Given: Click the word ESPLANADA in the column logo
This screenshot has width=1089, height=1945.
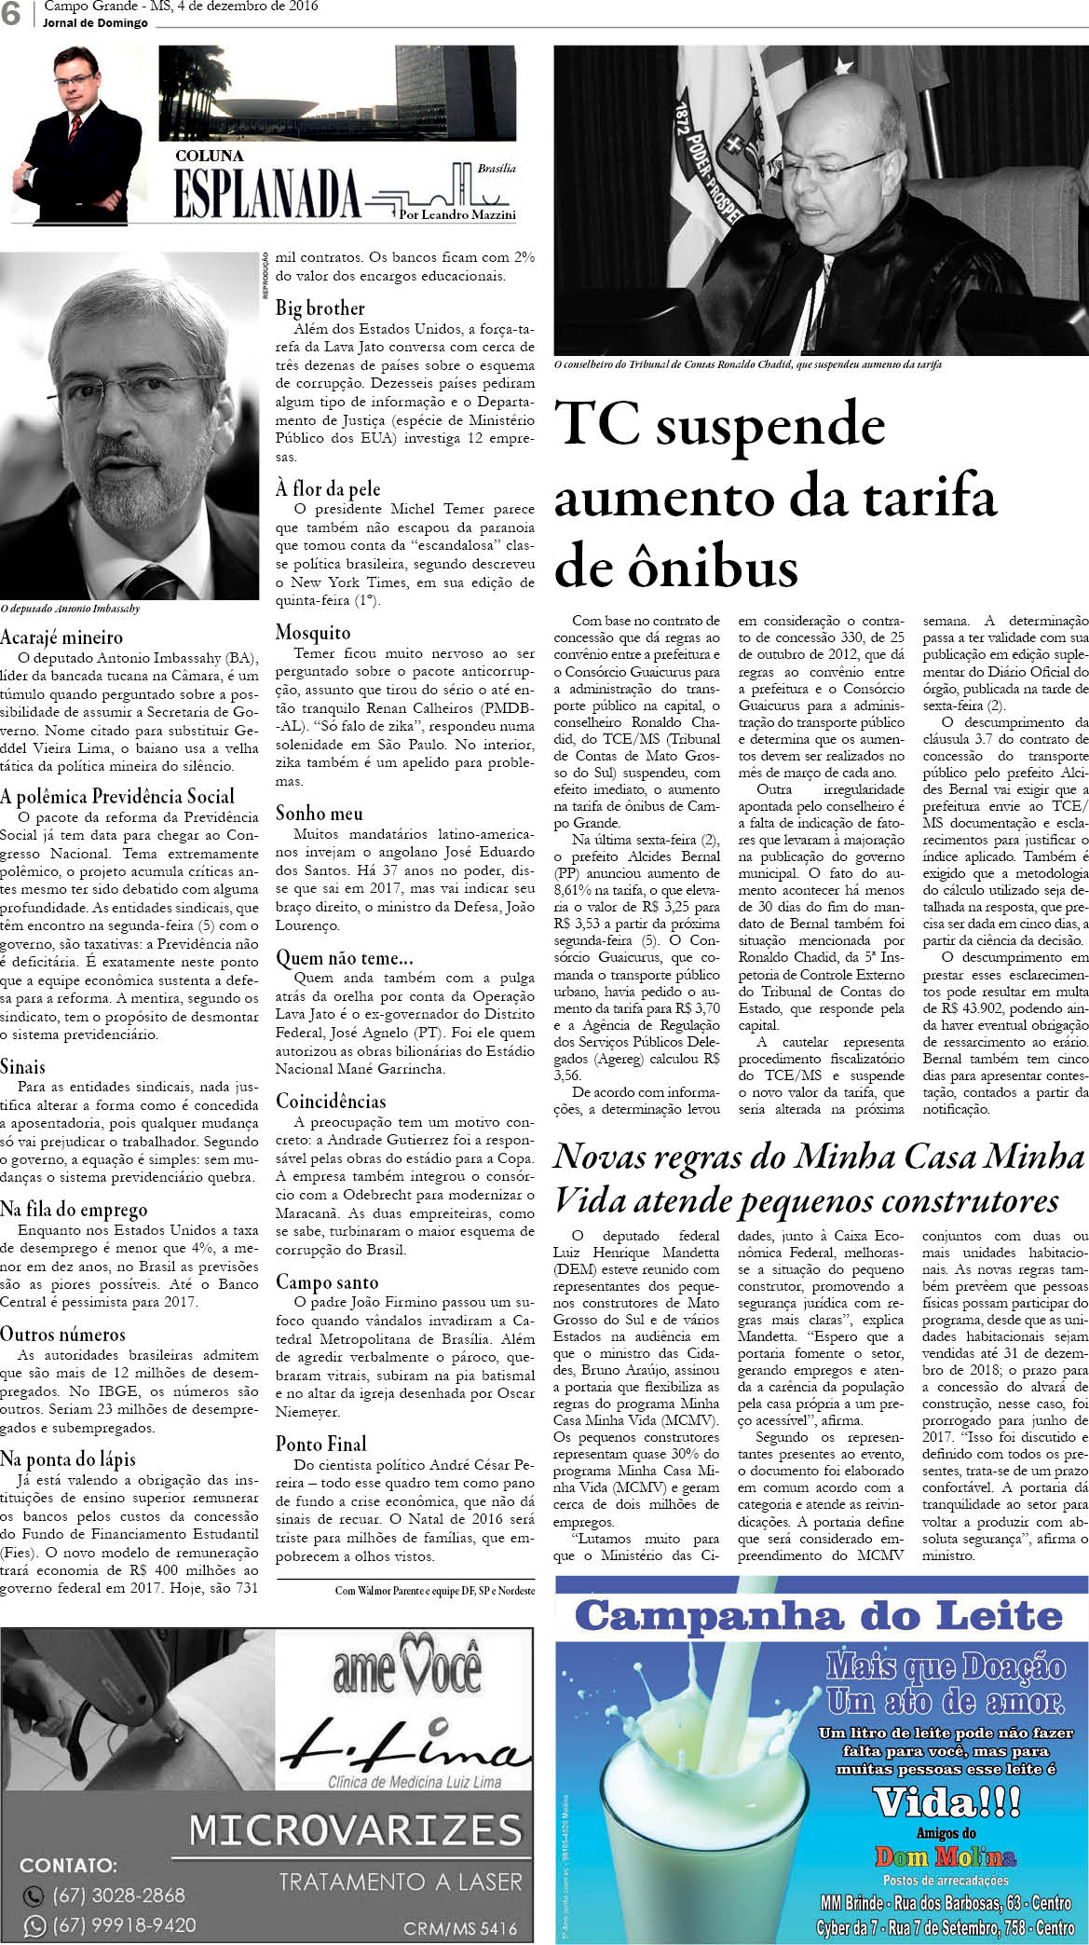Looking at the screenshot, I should [x=267, y=195].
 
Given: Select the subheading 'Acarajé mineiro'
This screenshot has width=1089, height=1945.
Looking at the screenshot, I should [x=61, y=637].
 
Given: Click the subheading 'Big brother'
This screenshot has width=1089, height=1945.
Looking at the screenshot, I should [x=320, y=308].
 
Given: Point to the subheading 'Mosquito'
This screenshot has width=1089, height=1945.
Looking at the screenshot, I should [x=313, y=633].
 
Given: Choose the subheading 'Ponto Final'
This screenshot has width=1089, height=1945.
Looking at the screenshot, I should [x=320, y=1444].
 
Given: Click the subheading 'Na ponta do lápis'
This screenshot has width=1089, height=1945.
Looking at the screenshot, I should [x=68, y=1459].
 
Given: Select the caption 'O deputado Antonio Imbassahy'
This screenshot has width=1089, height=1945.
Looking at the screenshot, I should [x=70, y=609].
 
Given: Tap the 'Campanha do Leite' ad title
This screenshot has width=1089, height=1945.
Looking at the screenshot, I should [x=820, y=1615].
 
